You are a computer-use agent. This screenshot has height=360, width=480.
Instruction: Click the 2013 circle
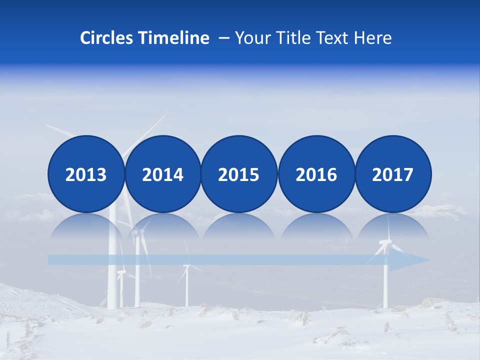[x=86, y=174]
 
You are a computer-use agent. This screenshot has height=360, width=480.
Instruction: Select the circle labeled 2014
[x=162, y=174]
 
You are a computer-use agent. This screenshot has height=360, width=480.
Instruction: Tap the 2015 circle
[x=239, y=174]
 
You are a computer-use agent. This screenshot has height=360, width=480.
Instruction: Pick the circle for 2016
[x=316, y=174]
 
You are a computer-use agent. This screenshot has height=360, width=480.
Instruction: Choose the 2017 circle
[x=393, y=174]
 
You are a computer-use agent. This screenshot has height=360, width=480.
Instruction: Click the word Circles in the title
[x=107, y=38]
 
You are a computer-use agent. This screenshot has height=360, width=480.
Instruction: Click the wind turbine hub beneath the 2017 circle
[x=385, y=243]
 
